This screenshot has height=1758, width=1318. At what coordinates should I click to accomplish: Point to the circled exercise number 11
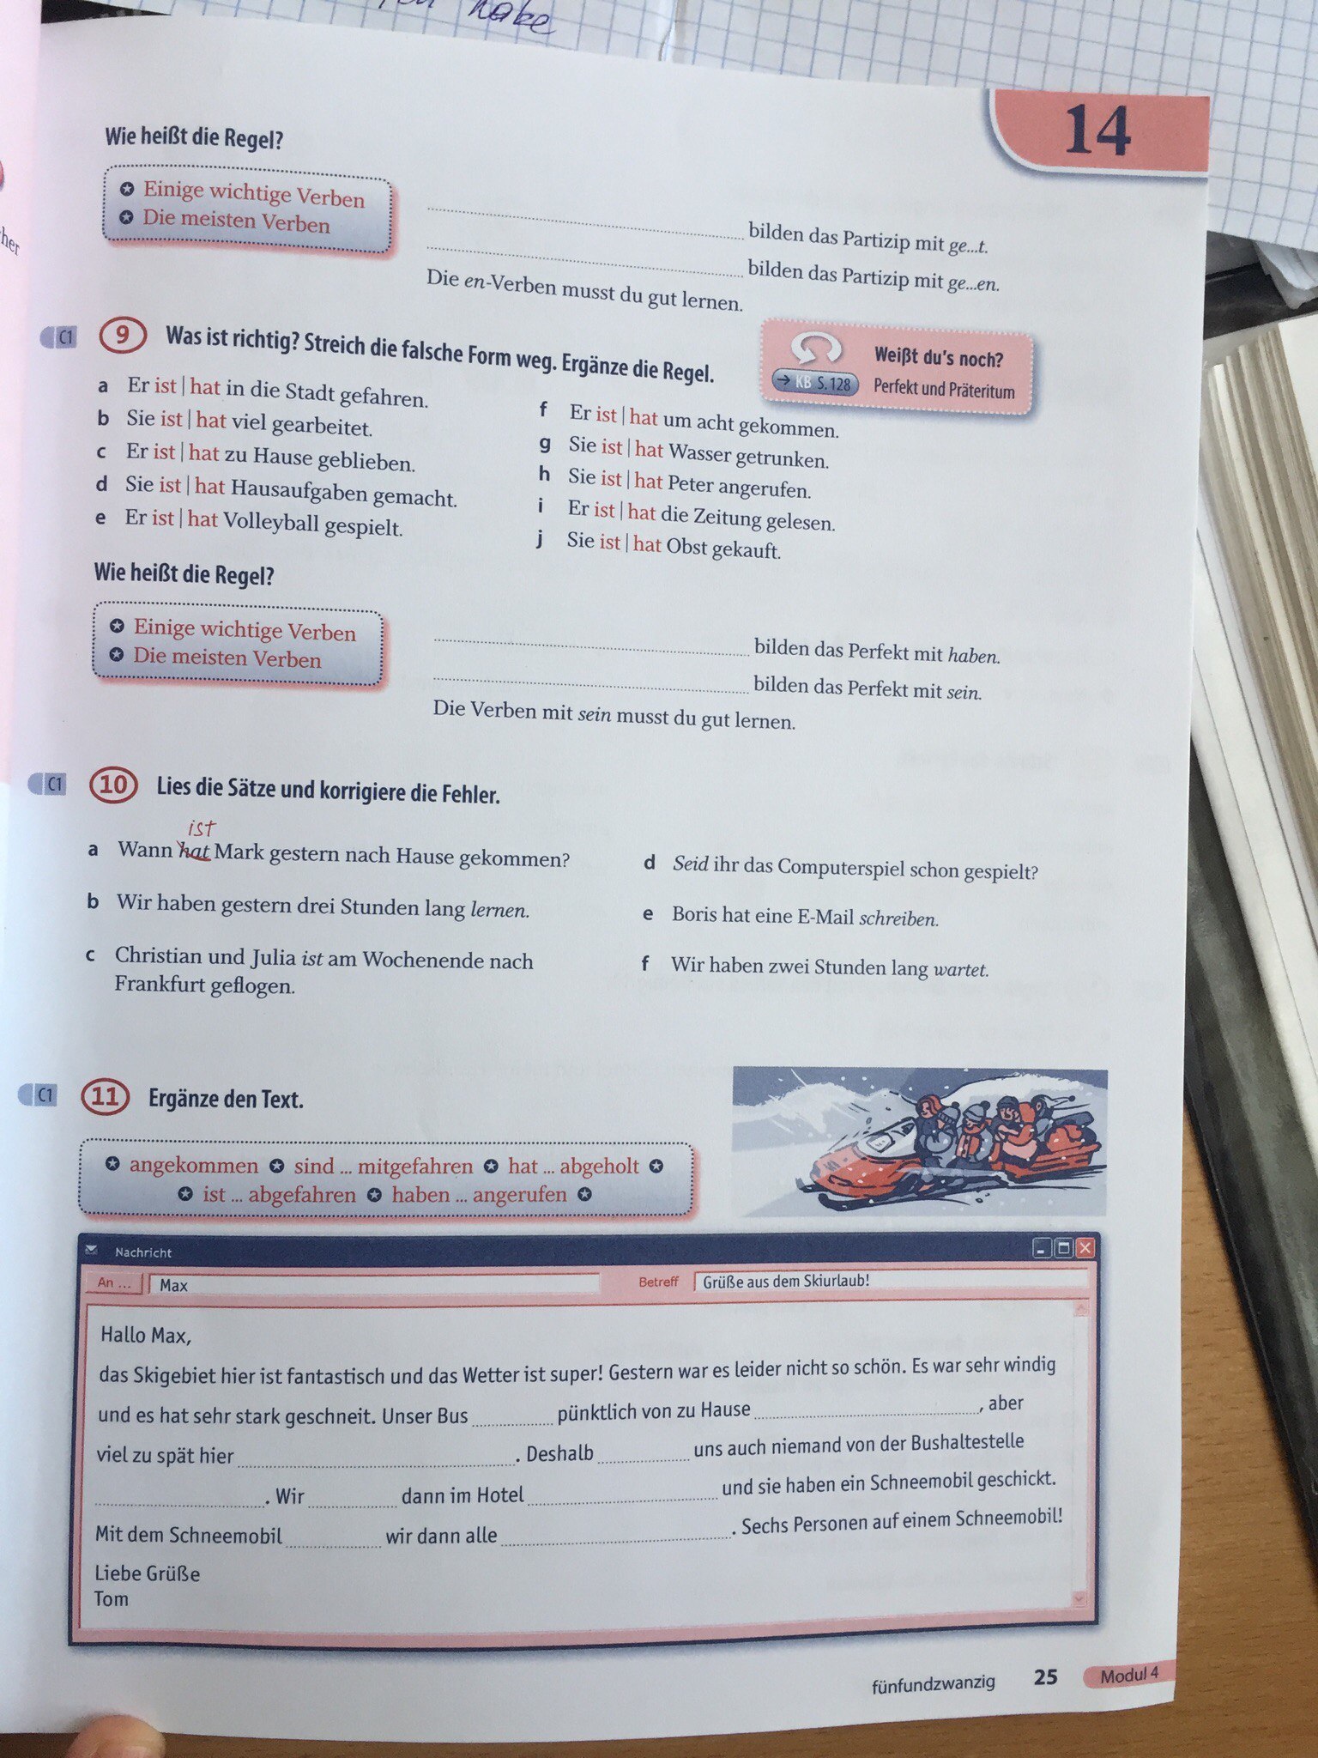105,1097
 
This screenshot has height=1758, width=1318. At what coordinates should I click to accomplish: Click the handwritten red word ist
201,828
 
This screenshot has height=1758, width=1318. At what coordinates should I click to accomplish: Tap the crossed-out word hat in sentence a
194,851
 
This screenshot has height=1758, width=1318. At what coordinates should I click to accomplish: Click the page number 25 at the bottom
1045,1677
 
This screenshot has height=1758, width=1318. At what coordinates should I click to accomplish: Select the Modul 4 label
1128,1675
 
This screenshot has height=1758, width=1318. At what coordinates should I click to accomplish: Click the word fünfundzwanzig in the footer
934,1682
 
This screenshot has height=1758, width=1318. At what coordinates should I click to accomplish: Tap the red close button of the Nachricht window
1085,1248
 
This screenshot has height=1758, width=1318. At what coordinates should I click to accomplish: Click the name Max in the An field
173,1285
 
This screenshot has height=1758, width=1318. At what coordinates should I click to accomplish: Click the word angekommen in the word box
194,1165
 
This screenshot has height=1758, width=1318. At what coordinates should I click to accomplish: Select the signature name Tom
112,1599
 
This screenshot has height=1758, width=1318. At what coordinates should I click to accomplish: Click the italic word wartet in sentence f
961,969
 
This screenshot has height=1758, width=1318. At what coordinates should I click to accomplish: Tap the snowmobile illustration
919,1141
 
